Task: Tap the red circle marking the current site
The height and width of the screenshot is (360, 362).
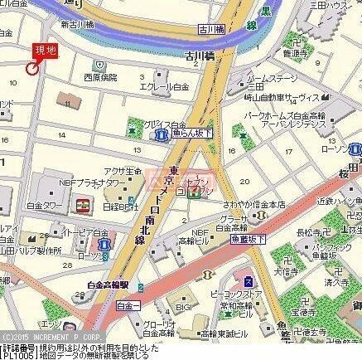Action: pyautogui.click(x=32, y=69)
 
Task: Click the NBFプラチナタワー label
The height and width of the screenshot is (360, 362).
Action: pyautogui.click(x=80, y=182)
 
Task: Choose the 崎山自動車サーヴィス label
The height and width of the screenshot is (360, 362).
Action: pyautogui.click(x=282, y=96)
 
